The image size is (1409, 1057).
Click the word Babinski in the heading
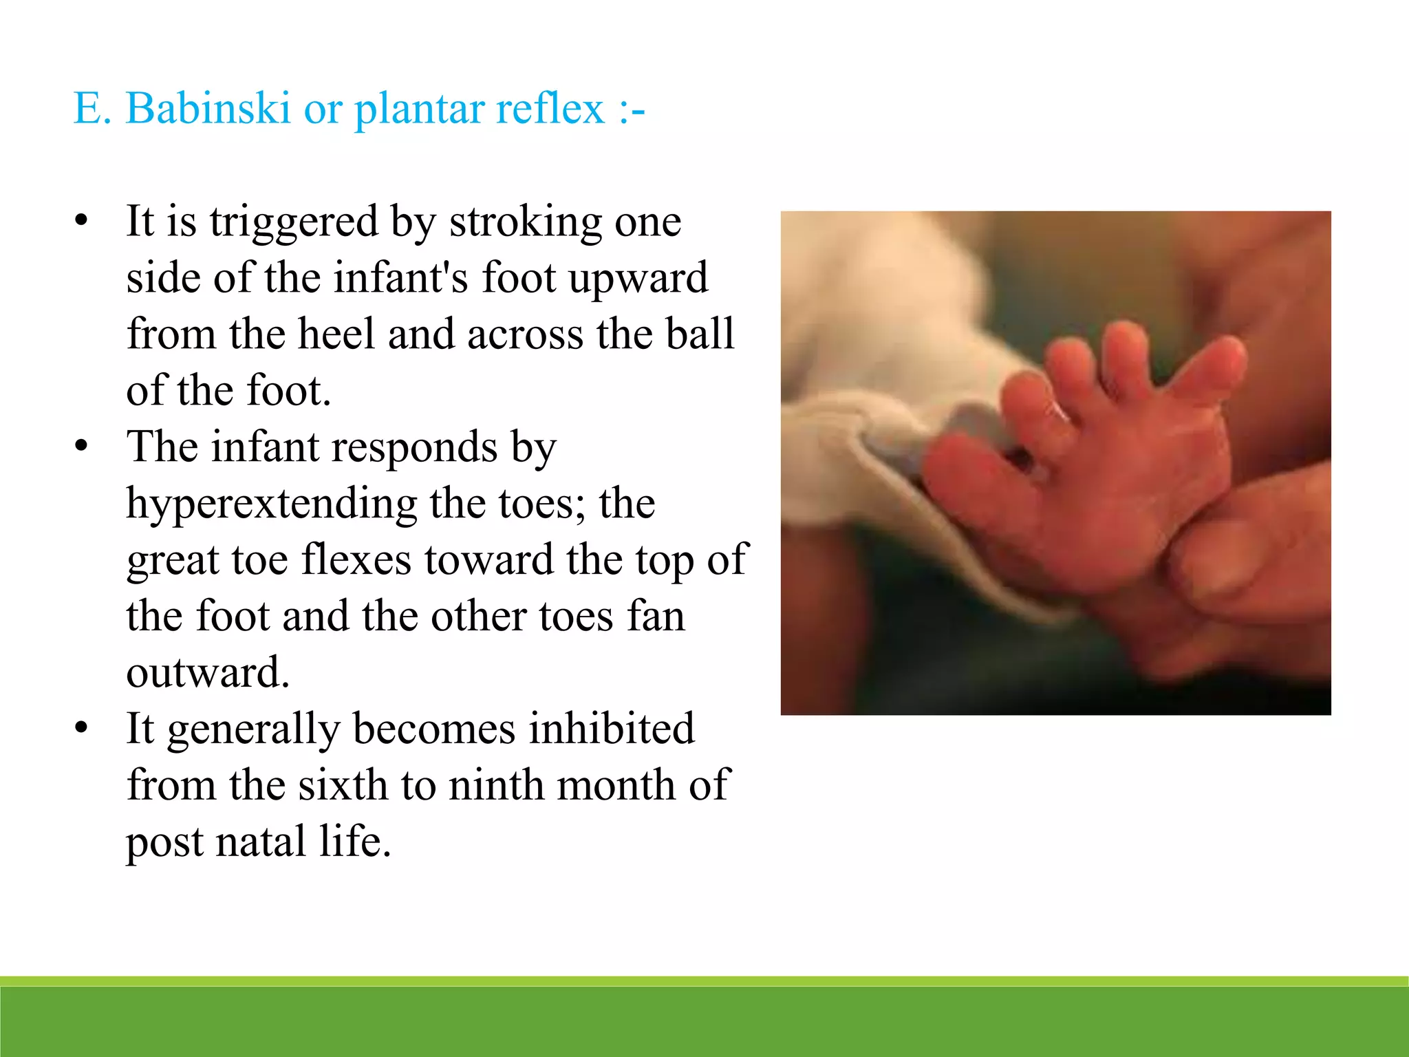click(x=208, y=108)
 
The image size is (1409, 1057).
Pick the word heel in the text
click(x=337, y=334)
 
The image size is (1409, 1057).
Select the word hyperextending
click(x=272, y=504)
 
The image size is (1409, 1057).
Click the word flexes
click(x=356, y=559)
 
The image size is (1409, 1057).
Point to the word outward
click(x=208, y=672)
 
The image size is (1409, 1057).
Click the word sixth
click(x=343, y=785)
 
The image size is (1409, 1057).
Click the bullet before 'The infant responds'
click(x=82, y=447)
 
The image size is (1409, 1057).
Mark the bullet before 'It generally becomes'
click(x=82, y=729)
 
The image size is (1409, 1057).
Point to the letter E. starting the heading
click(x=92, y=108)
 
